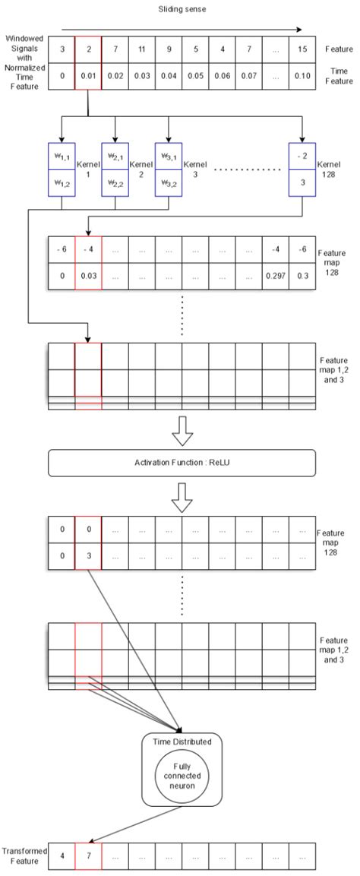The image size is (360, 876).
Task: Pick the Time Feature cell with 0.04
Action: (168, 76)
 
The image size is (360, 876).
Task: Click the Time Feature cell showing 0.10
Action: (302, 76)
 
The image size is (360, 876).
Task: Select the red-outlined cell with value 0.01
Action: (88, 76)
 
